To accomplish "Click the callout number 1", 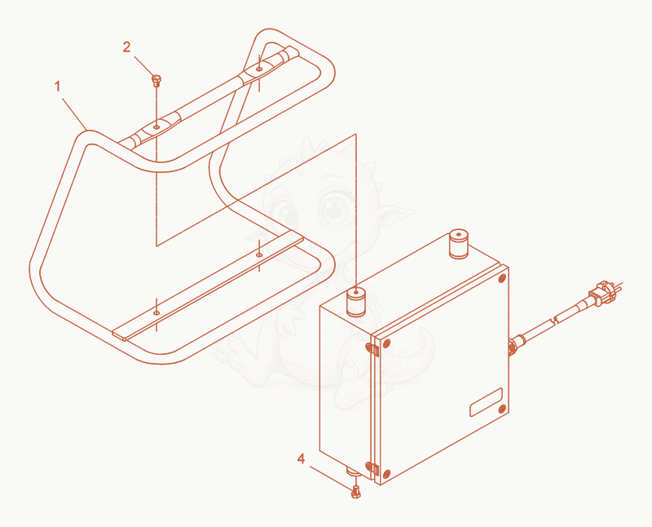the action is [57, 86].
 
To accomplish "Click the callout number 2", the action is [127, 47].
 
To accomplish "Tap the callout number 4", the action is [301, 458].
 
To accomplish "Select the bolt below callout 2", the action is [156, 80].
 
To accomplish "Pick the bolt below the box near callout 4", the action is [355, 492].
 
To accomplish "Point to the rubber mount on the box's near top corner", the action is [356, 301].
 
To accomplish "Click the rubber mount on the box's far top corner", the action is [459, 243].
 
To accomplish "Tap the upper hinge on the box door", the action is [372, 349].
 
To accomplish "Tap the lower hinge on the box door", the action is [372, 468].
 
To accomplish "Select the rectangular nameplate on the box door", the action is [486, 401].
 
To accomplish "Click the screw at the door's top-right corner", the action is [502, 278].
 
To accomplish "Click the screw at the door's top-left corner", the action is [385, 343].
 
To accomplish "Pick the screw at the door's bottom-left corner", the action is [386, 474].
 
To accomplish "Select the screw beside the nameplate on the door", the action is [502, 408].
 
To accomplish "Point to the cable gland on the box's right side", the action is [516, 345].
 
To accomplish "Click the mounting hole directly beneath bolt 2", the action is [156, 126].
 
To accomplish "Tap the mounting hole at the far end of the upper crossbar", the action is [259, 69].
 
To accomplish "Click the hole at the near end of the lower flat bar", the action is [156, 312].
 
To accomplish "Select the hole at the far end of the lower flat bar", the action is [259, 255].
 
